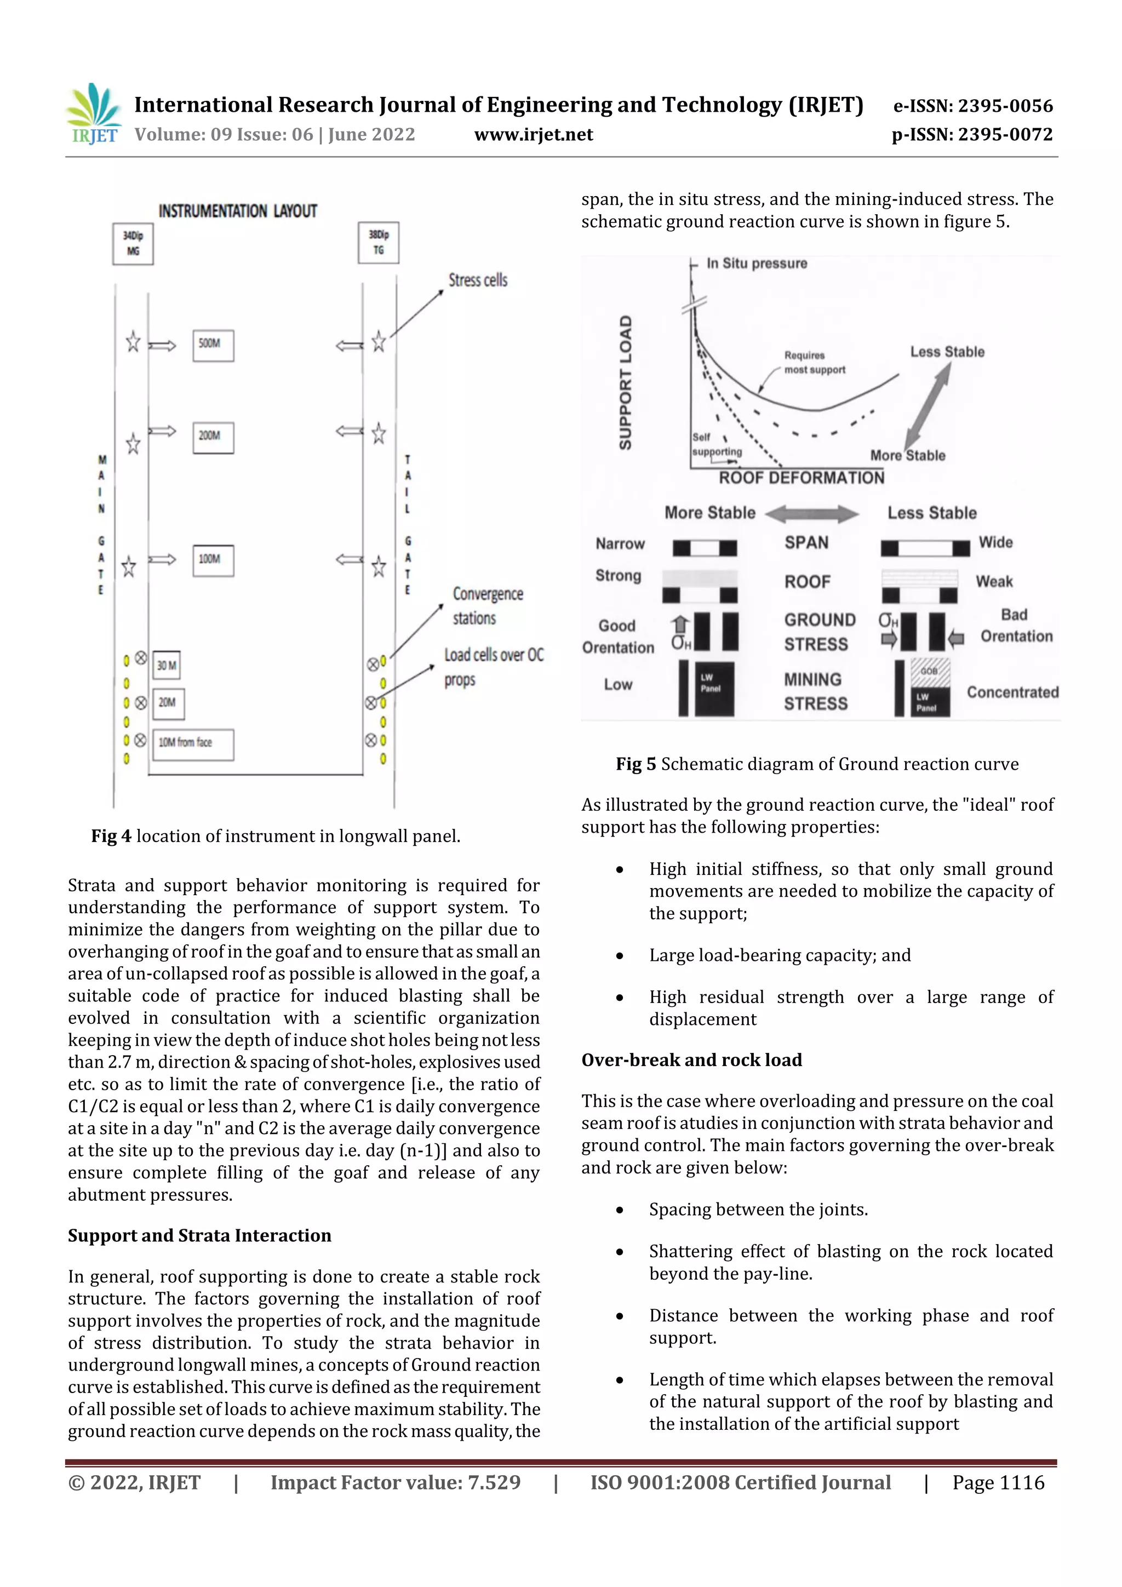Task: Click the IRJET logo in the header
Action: coord(93,113)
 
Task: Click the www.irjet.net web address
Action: coord(533,135)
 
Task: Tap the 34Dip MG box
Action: coord(133,243)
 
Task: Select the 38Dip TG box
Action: coord(378,243)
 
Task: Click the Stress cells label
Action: coord(478,280)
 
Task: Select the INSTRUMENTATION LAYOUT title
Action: coord(237,211)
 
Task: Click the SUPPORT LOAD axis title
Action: coord(625,383)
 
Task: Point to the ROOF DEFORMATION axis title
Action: coord(800,478)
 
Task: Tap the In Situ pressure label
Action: coord(756,263)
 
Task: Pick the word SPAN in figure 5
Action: coord(806,542)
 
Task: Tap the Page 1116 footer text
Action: coord(998,1482)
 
